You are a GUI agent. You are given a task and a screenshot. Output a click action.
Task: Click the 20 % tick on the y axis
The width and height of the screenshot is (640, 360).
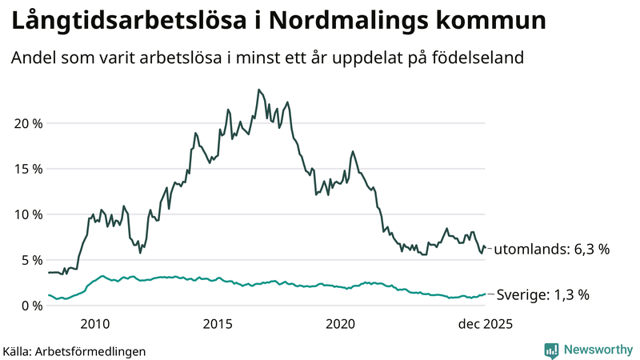click(x=26, y=123)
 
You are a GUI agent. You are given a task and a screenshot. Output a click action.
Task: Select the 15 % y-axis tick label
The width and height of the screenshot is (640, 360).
click(x=26, y=169)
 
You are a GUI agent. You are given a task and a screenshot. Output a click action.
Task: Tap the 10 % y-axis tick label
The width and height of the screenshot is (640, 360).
click(x=26, y=214)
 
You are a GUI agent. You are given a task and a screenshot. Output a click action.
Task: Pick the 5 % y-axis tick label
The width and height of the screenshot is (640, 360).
click(x=30, y=260)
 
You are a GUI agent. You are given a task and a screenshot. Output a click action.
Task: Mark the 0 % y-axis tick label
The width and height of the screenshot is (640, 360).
click(x=30, y=306)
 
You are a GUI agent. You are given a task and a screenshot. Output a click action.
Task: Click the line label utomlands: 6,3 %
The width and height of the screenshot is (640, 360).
click(x=551, y=249)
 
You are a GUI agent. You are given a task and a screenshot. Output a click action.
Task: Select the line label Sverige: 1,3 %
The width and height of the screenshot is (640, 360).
click(x=542, y=294)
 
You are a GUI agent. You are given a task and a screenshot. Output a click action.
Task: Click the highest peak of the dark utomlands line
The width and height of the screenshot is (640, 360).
click(x=258, y=90)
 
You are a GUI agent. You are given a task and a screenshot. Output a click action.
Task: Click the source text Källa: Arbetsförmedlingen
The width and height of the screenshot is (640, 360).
click(x=74, y=350)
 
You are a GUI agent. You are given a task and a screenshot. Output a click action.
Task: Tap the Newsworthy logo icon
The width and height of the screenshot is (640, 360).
click(x=551, y=350)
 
